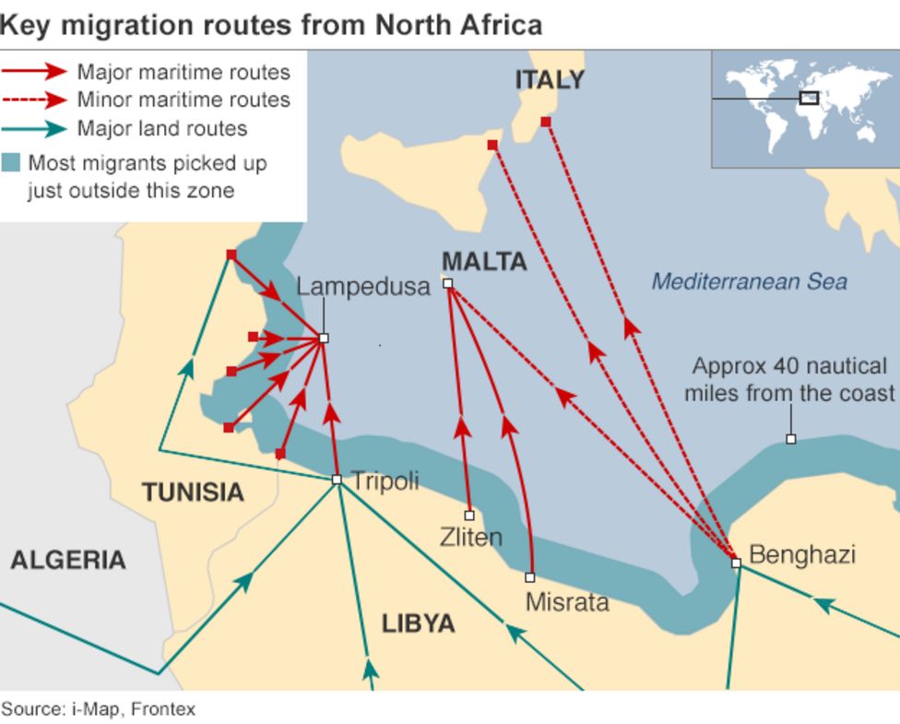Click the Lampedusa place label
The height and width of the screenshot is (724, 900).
[x=363, y=287]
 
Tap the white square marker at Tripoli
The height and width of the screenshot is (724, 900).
[x=337, y=480]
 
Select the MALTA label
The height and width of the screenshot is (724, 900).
[x=484, y=262]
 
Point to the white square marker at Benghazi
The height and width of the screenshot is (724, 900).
[x=736, y=563]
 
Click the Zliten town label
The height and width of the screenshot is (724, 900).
[x=470, y=537]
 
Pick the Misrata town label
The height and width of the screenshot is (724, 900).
[x=566, y=602]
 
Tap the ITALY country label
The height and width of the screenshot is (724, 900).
[x=550, y=80]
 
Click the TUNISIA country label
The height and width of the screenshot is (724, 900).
[x=193, y=493]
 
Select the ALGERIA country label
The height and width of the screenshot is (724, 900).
[x=68, y=560]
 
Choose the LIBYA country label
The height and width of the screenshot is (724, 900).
[x=419, y=624]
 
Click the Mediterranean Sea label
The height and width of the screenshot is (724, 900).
[x=749, y=281]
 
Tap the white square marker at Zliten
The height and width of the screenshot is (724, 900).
[x=469, y=516]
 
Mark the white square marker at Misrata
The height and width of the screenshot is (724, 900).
[x=530, y=577]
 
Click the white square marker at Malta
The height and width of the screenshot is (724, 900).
[x=448, y=283]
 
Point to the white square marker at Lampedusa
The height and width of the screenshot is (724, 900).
[x=324, y=338]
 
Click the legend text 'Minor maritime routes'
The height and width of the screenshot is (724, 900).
[x=183, y=100]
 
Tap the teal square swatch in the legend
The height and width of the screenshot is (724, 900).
[x=11, y=163]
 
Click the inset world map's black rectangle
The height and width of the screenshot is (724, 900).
[x=809, y=98]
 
